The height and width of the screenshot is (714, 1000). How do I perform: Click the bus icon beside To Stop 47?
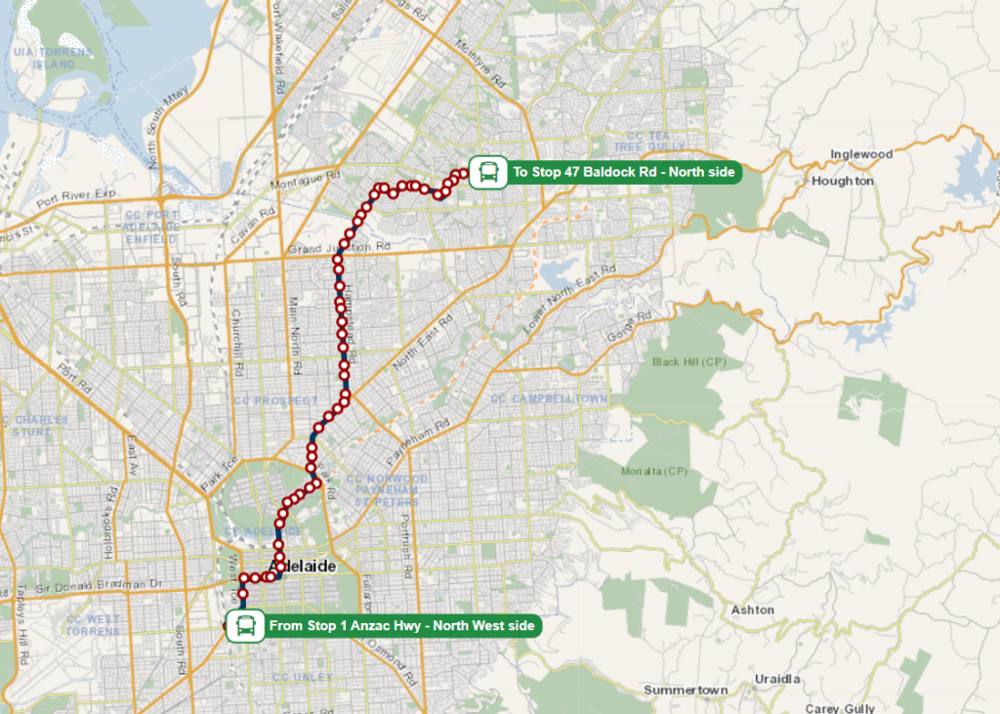486,172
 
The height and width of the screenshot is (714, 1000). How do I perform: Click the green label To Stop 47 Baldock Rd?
623,173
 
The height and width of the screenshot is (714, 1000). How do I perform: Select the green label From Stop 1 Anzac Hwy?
400,625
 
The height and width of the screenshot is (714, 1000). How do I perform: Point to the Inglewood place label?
861,154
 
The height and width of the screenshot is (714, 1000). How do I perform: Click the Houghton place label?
843,181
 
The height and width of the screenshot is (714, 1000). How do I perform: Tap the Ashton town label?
752,610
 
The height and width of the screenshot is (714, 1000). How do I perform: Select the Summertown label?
686,691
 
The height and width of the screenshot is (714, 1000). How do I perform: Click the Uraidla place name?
777,679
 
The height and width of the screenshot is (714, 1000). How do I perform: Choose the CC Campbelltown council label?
549,399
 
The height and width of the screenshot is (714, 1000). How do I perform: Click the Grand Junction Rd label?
338,249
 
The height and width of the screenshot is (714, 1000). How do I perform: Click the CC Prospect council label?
275,401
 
